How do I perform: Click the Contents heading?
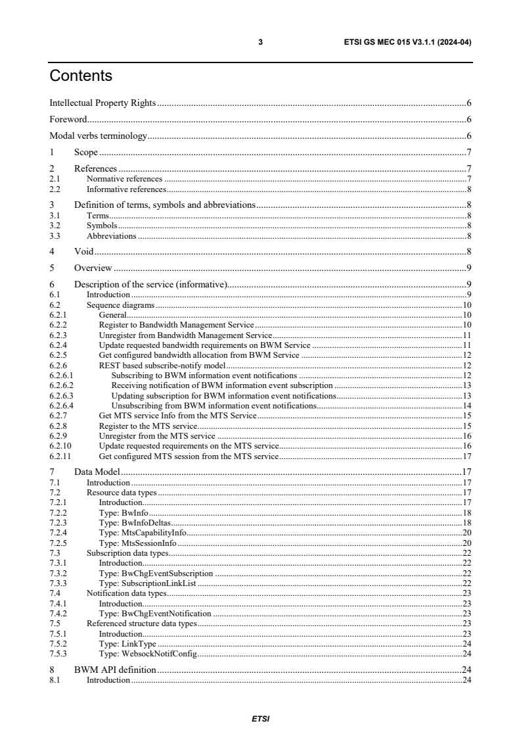(x=81, y=76)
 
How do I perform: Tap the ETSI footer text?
(x=260, y=719)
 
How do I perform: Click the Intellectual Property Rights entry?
(x=102, y=103)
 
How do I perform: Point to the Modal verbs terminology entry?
(x=98, y=136)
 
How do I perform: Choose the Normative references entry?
(x=124, y=179)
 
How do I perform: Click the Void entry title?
(x=83, y=251)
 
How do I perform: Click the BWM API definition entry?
(x=115, y=670)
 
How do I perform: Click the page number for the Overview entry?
(x=468, y=267)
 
